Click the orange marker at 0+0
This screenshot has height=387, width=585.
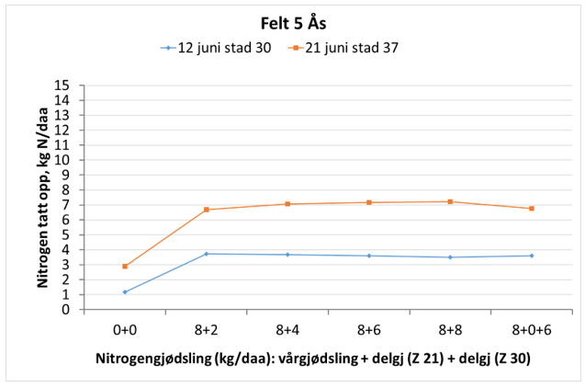[x=125, y=267]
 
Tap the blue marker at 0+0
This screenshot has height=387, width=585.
[x=125, y=292]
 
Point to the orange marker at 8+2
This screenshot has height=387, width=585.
[x=207, y=210]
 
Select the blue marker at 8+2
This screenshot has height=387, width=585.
[x=207, y=254]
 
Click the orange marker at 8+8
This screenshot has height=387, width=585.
[x=450, y=201]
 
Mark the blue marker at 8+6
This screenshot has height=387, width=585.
[x=369, y=256]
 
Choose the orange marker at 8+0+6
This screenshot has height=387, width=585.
[x=532, y=209]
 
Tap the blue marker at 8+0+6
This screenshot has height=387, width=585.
[x=532, y=256]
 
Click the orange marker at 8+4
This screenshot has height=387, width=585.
[x=287, y=204]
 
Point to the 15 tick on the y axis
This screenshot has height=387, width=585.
[x=64, y=85]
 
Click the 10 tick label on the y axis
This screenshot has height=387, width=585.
[x=64, y=160]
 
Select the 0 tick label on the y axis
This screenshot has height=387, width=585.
[x=67, y=310]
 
